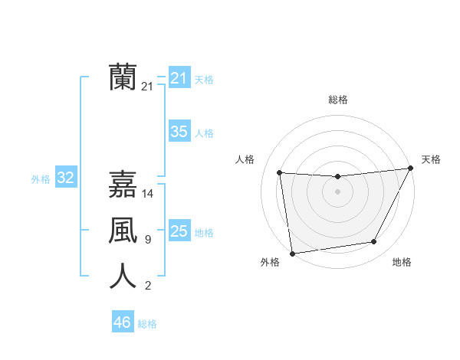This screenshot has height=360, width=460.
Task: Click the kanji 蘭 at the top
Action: tap(123, 77)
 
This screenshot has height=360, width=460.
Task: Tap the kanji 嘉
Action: tap(123, 185)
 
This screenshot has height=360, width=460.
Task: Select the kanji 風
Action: tap(123, 231)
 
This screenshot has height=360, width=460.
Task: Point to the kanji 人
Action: tap(123, 277)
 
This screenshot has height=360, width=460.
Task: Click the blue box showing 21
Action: tap(179, 77)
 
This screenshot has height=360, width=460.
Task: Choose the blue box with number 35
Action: tap(179, 132)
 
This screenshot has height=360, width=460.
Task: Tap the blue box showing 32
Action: tap(66, 178)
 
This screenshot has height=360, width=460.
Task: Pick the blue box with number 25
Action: tap(179, 231)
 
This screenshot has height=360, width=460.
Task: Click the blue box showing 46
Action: tap(122, 322)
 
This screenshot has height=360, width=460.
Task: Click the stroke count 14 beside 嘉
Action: tap(149, 195)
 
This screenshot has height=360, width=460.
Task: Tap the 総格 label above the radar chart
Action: tap(338, 100)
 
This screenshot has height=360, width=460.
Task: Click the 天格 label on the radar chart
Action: tap(431, 159)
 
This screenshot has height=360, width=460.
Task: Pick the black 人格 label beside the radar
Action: tap(245, 159)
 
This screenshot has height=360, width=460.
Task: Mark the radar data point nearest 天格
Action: tap(410, 169)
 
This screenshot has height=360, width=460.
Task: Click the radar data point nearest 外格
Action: tap(292, 253)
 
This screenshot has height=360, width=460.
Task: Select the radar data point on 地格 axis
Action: tap(374, 242)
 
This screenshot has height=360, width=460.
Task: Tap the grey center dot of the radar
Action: tap(337, 191)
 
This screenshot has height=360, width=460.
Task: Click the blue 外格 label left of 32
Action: tap(41, 179)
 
